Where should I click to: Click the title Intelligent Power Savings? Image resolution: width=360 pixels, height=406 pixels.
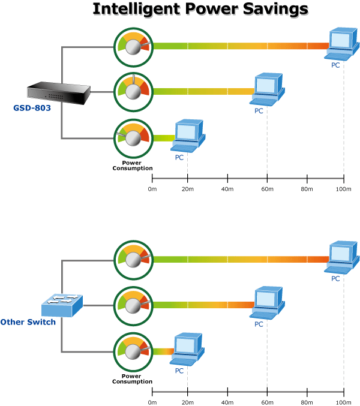200,10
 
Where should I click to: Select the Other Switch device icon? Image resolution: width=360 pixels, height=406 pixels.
61,306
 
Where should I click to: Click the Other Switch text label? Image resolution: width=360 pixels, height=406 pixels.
28,322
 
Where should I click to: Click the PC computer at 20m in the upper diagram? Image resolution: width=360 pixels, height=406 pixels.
188,136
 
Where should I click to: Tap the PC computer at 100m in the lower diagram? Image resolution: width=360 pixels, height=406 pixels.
343,258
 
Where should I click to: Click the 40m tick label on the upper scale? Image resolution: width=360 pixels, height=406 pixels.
228,190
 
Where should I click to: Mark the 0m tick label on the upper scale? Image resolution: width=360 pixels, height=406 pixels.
152,190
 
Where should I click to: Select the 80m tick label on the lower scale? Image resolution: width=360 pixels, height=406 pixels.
307,402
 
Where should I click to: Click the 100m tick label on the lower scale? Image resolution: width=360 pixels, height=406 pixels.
344,402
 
